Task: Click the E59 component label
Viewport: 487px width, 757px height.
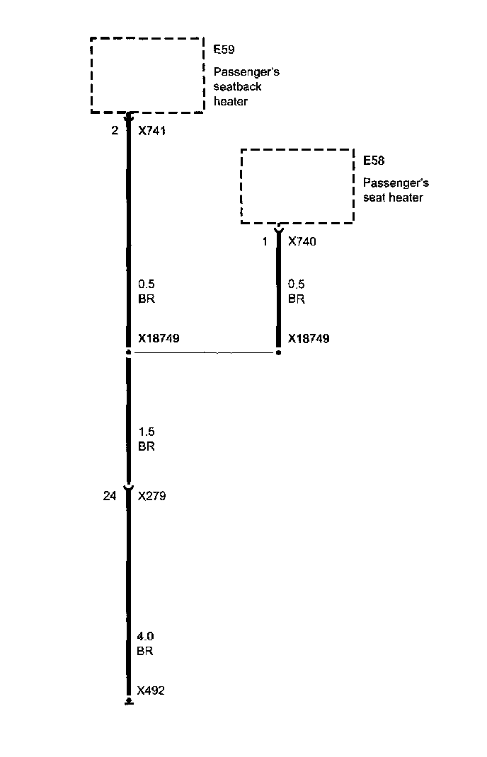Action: point(224,50)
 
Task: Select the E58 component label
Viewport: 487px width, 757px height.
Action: point(374,161)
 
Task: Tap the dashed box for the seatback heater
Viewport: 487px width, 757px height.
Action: point(147,75)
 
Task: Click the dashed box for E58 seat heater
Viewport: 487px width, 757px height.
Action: point(297,186)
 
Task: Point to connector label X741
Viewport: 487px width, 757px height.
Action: point(152,131)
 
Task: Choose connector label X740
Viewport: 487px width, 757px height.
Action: point(302,242)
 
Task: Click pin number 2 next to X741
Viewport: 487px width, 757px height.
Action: point(115,131)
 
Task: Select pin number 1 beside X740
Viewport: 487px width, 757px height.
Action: point(265,242)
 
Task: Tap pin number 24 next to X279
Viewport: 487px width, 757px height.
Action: point(109,496)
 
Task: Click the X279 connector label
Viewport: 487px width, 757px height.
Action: point(152,496)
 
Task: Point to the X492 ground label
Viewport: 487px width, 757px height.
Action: point(151,690)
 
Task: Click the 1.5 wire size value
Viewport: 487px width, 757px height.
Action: point(146,432)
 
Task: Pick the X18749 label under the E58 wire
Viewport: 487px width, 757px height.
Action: point(309,339)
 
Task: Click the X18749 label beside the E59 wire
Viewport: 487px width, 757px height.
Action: point(159,339)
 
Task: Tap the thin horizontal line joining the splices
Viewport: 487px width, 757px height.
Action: point(204,352)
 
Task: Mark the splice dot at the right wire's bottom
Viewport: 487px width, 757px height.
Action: point(278,352)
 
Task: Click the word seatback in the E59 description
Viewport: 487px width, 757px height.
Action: point(237,87)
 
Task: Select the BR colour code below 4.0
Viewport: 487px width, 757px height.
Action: point(144,651)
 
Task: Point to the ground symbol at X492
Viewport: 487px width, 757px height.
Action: point(128,703)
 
